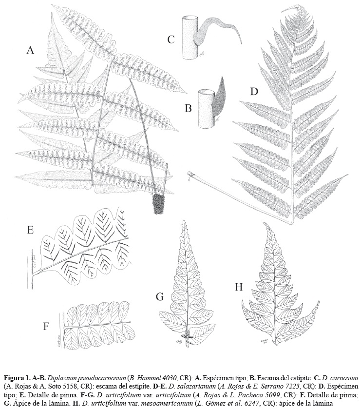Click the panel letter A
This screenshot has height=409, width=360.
pyautogui.click(x=31, y=50)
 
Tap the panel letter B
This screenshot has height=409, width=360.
pyautogui.click(x=188, y=108)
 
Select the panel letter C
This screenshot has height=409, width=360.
pyautogui.click(x=171, y=39)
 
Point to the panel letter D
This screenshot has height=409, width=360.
pyautogui.click(x=254, y=92)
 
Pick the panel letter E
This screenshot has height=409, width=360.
pyautogui.click(x=31, y=230)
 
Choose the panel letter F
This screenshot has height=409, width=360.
pyautogui.click(x=46, y=326)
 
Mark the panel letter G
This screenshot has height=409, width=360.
pyautogui.click(x=160, y=296)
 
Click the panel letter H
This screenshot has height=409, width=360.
pyautogui.click(x=239, y=287)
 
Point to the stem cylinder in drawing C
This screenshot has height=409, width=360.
pyautogui.click(x=191, y=38)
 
